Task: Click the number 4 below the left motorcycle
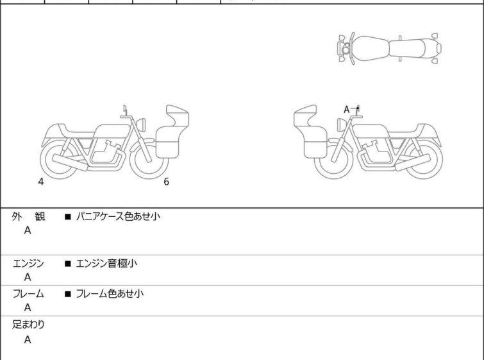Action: pos(41,182)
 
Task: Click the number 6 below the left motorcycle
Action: pos(167,182)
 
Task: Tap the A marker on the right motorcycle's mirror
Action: pos(346,109)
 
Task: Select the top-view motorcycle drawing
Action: pos(389,48)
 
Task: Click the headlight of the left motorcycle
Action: pos(141,125)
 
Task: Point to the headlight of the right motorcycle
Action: pos(342,125)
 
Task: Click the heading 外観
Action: pos(28,216)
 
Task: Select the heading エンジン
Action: pos(28,264)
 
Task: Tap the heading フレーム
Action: pos(28,293)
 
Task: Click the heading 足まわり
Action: pos(28,325)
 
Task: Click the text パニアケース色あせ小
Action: pos(118,216)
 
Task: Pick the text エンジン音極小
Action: pos(106,264)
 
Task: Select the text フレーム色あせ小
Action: pos(110,293)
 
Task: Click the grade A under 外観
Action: pos(28,230)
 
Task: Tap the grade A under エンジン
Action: pos(28,277)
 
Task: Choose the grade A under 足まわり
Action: pos(28,339)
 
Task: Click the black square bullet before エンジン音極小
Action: pos(67,264)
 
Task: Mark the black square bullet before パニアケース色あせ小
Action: pos(67,217)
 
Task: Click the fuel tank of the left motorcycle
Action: pos(112,131)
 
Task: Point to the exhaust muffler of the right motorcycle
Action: pos(413,162)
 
